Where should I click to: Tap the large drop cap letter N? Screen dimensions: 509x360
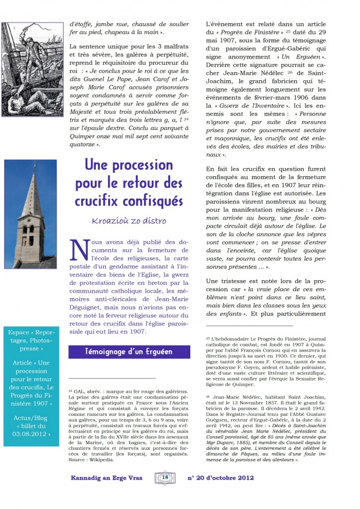click(x=79, y=251)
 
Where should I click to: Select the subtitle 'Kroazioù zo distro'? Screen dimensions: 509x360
click(x=129, y=221)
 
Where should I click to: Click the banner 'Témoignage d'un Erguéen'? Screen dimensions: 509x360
click(x=129, y=352)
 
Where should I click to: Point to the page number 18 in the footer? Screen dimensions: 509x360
click(x=165, y=477)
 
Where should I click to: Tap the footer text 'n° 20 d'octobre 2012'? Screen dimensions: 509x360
click(x=222, y=478)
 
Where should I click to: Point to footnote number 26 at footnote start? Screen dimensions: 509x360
click(x=208, y=397)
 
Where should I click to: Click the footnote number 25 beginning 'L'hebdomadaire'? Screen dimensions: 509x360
click(x=208, y=338)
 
